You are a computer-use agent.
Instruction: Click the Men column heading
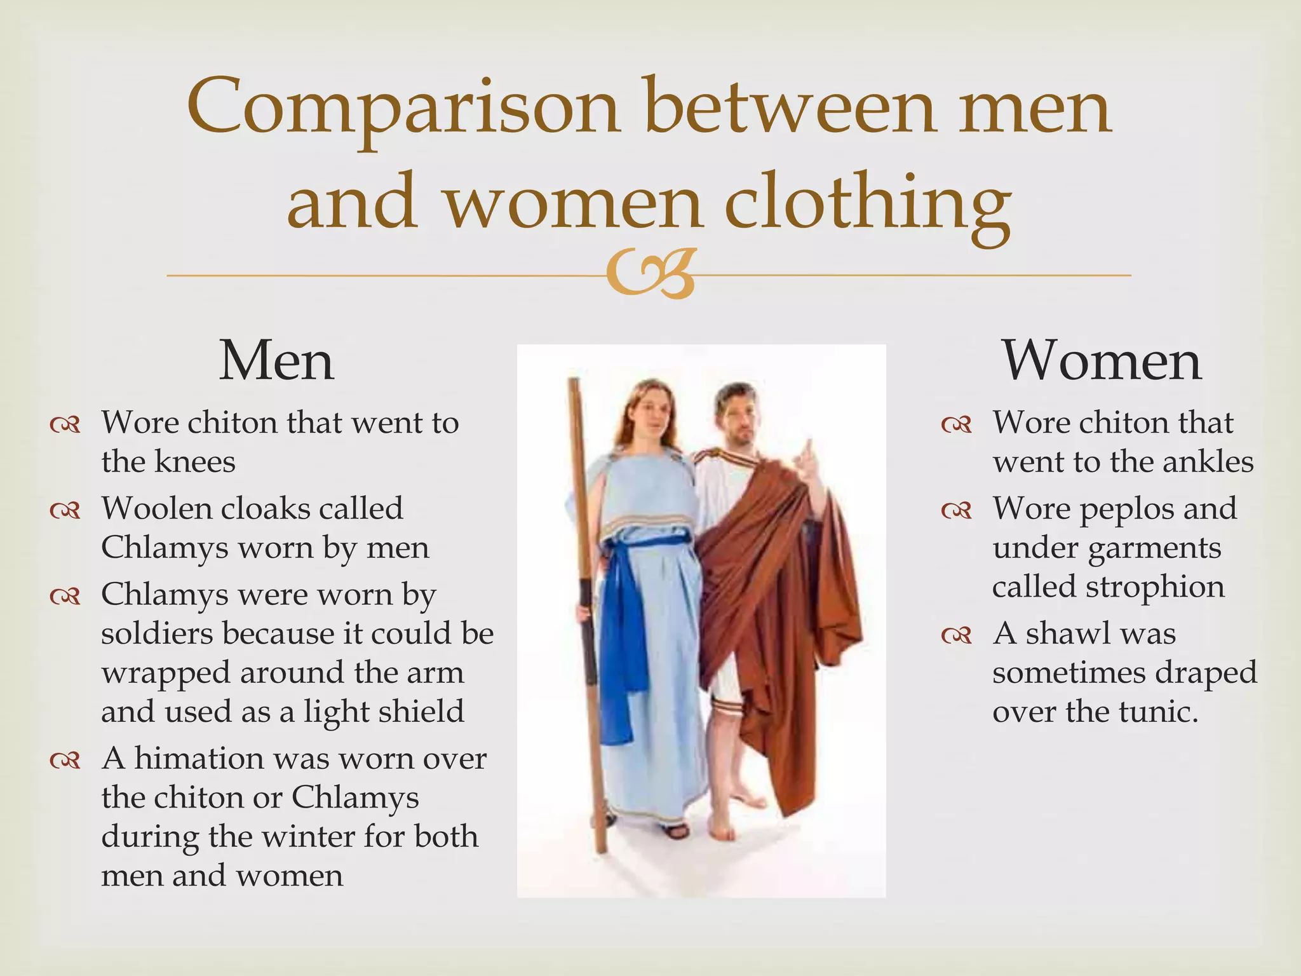[x=276, y=360]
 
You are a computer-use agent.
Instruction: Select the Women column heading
[x=1102, y=360]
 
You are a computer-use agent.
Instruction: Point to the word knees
[x=194, y=461]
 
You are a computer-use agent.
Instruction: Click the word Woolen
[x=156, y=508]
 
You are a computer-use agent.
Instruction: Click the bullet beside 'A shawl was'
[x=957, y=635]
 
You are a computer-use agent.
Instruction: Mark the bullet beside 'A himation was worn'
[x=65, y=759]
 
